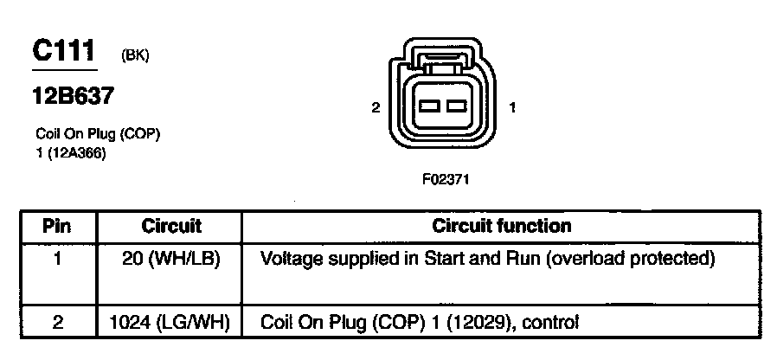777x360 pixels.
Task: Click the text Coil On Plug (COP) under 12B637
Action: pyautogui.click(x=98, y=135)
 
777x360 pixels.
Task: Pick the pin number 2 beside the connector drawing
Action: pyautogui.click(x=375, y=108)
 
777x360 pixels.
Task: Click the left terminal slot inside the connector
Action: pyautogui.click(x=430, y=108)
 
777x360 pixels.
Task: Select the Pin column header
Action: pyautogui.click(x=57, y=227)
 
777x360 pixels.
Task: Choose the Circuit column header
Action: pyautogui.click(x=170, y=227)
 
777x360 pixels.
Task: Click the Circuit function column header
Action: pyautogui.click(x=501, y=227)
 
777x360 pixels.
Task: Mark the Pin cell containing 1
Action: pyautogui.click(x=57, y=258)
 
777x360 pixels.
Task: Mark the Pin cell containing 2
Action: pyautogui.click(x=57, y=323)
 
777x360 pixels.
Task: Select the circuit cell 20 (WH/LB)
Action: pyautogui.click(x=170, y=258)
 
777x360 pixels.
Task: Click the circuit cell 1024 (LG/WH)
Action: pyautogui.click(x=170, y=323)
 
